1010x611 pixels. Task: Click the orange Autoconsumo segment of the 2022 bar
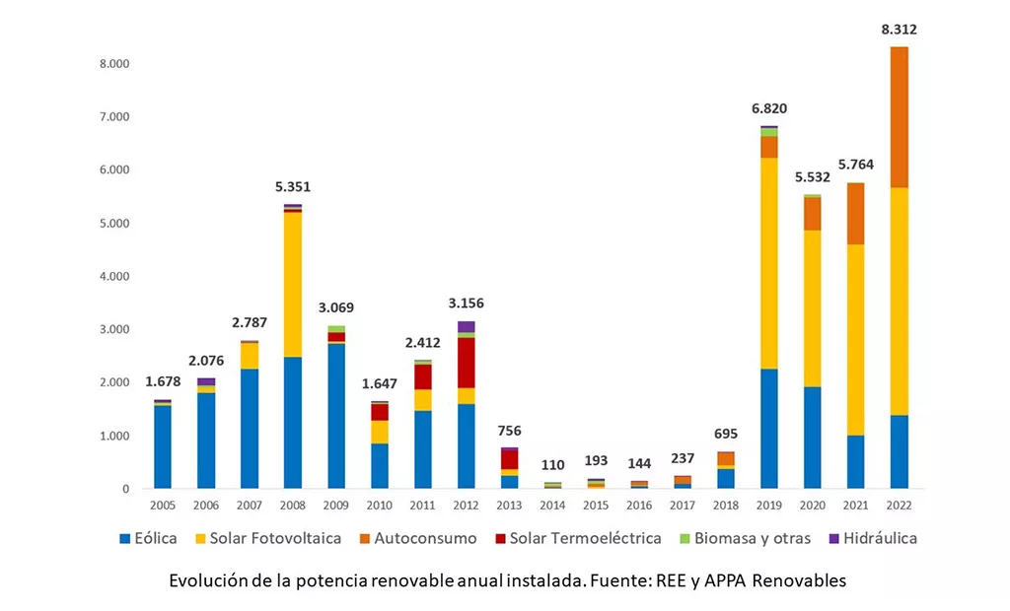899,117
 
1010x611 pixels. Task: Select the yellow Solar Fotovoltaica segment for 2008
293,285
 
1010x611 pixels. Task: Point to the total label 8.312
899,30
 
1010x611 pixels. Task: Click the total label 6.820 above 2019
768,108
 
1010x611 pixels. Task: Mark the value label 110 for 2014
552,465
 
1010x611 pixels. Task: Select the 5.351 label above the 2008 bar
293,186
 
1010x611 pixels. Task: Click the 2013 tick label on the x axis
509,505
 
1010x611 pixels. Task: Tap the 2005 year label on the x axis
163,505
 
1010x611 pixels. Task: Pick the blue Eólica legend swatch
125,539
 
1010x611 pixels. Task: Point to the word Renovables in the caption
799,580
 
